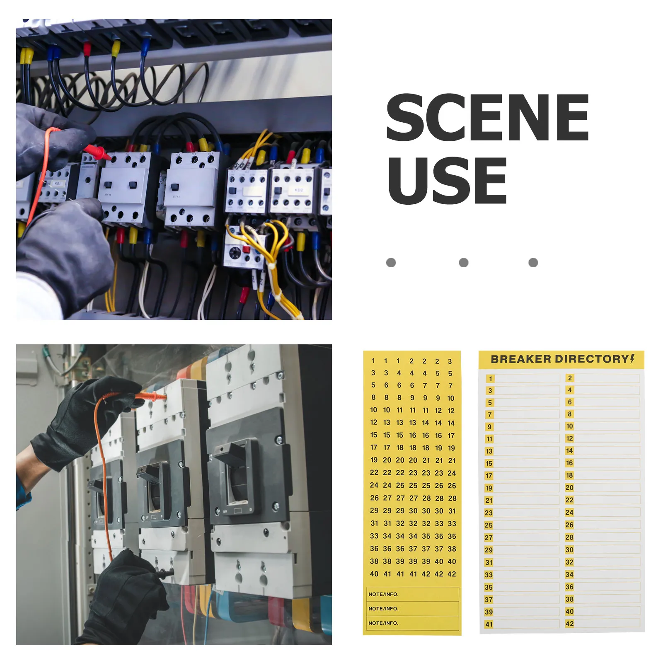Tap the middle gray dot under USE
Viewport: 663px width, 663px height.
464,262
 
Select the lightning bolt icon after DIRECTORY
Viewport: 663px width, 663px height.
632,358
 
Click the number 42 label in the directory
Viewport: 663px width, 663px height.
570,624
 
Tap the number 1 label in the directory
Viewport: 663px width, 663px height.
491,379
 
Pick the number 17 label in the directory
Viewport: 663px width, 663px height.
489,476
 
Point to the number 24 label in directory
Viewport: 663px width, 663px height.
569,513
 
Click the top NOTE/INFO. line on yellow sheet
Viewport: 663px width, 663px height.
412,594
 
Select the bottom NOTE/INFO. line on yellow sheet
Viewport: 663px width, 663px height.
412,623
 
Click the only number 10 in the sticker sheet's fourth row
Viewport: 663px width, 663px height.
451,398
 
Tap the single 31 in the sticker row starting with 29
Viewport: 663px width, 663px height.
452,511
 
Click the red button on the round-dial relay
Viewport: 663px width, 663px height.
246,249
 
